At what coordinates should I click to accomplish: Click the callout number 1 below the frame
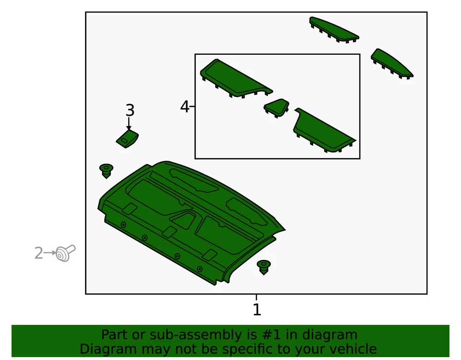256,310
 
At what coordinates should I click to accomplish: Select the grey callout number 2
38,253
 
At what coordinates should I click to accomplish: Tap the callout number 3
130,111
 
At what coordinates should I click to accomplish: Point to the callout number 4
184,107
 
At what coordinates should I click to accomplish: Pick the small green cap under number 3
127,139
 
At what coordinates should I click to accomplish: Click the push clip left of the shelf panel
106,171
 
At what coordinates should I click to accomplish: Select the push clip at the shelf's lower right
264,267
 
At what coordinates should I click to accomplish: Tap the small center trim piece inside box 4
277,108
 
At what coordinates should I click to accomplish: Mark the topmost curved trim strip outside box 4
334,30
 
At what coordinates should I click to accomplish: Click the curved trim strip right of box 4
391,63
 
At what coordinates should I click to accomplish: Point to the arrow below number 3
129,124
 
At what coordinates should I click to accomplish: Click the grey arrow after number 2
49,252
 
